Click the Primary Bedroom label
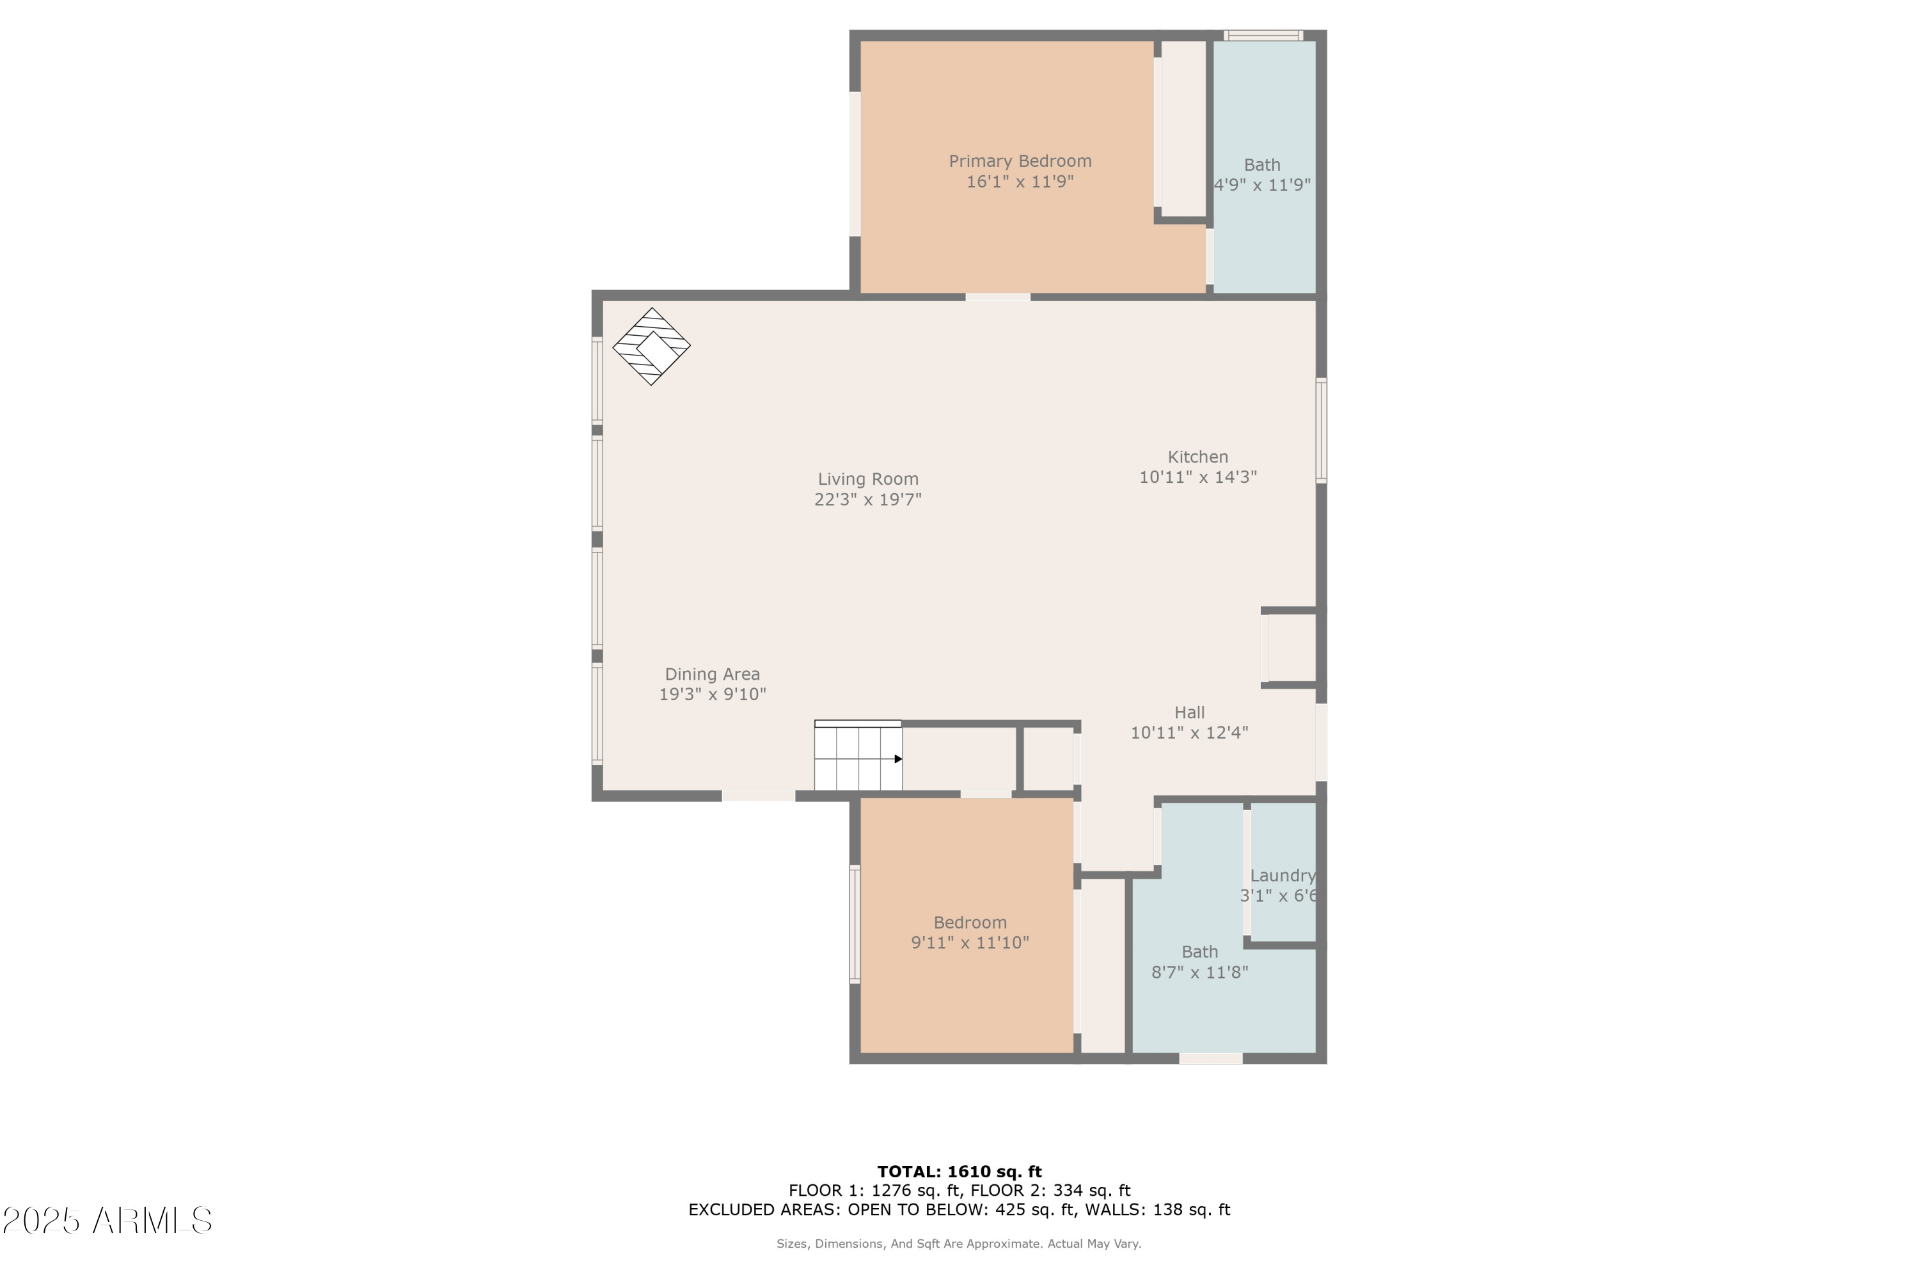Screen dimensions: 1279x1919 1020,162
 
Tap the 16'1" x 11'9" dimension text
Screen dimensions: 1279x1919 1020,182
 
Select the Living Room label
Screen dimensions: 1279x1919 868,480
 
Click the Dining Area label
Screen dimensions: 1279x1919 713,675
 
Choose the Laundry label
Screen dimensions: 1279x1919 1283,876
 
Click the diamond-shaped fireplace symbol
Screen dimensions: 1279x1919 651,346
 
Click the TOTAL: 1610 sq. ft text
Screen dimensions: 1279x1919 960,1172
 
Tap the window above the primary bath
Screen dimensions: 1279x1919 1263,35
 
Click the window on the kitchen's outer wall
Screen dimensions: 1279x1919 1321,430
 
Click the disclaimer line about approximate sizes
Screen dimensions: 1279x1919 959,1244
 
